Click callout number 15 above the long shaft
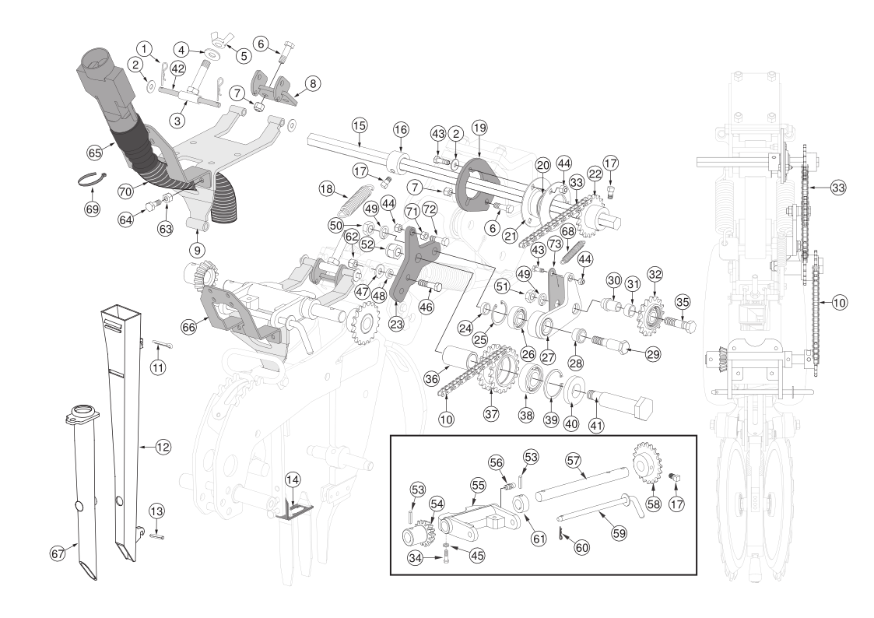(360, 125)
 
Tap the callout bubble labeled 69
(92, 209)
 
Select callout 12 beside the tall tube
(163, 447)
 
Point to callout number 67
(58, 554)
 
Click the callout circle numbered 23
(396, 324)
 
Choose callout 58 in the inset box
(653, 504)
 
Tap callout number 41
(596, 426)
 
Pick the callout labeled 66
(189, 327)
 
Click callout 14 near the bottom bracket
(293, 479)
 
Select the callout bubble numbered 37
(491, 414)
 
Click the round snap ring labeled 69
(90, 179)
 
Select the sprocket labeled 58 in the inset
(647, 462)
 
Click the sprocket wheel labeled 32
(651, 316)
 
